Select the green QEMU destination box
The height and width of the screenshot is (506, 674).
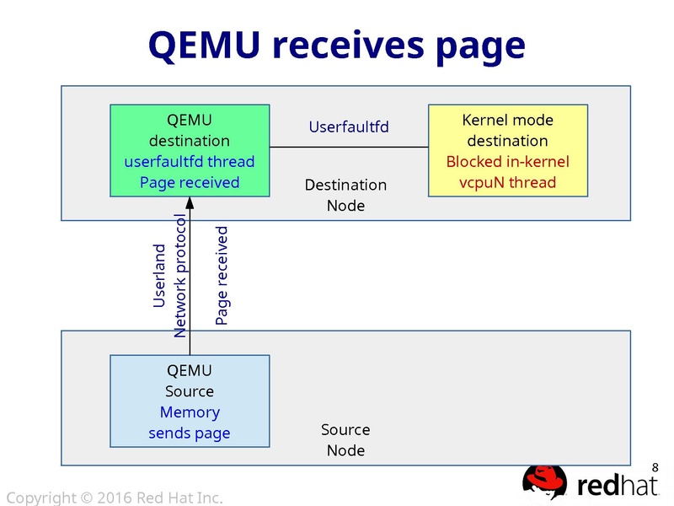[x=190, y=150]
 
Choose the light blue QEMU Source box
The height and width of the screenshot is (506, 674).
[x=190, y=401]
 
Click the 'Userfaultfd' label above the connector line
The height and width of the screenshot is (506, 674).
[x=349, y=127]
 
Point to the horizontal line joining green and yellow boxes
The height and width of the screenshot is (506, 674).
[x=349, y=147]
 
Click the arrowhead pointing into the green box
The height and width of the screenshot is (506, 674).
[x=190, y=203]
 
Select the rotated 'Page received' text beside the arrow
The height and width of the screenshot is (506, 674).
[x=222, y=275]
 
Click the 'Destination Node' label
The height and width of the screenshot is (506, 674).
[x=345, y=195]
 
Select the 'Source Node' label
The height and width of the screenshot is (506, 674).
[x=345, y=439]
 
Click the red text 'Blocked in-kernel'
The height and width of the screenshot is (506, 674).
[x=507, y=161]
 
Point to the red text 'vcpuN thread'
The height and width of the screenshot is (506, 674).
[x=507, y=182]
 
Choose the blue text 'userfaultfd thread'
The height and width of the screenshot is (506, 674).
[x=190, y=161]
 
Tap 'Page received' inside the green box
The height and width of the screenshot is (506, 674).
[x=190, y=182]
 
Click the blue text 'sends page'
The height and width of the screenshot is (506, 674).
[x=190, y=433]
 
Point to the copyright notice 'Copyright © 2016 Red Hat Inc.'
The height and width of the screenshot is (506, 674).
[x=115, y=498]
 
